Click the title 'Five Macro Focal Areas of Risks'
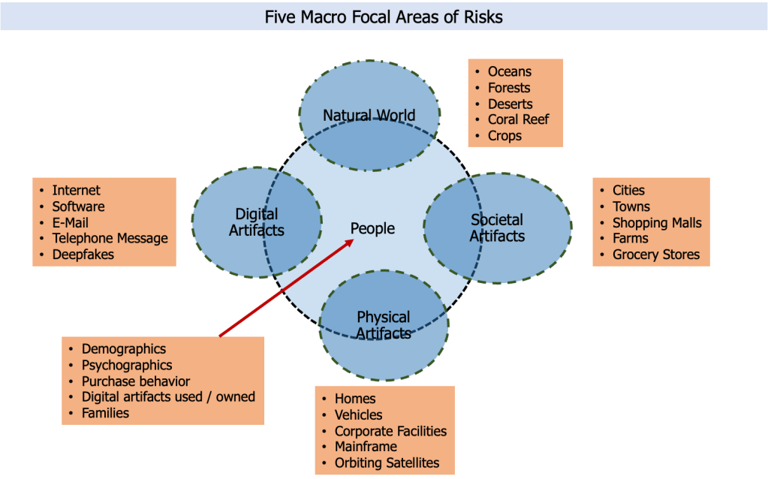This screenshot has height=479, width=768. point(384,17)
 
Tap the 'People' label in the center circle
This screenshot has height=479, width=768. point(372,228)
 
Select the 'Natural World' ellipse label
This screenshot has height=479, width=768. point(369,115)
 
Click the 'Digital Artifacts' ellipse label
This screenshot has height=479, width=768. point(256,222)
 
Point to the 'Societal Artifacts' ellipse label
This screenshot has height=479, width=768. point(497,227)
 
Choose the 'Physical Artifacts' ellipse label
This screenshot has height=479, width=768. point(384,325)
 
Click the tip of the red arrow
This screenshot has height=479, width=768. point(354,240)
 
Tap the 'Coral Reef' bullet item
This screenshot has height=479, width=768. point(518,119)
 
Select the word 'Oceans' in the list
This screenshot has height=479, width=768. point(509,71)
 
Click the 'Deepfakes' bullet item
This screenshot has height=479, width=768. point(83,255)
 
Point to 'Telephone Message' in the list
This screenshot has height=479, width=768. point(110,239)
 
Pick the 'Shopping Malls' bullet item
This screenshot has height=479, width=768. point(657,222)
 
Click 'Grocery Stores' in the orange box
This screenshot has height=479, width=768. point(655,255)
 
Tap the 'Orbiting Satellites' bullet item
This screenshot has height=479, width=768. point(387,462)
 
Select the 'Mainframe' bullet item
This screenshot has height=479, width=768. point(366,447)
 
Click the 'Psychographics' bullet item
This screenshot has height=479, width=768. point(127,365)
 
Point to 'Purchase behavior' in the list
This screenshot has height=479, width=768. point(136,381)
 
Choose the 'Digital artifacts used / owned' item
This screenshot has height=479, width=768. point(168,396)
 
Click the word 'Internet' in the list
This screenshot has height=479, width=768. point(76,191)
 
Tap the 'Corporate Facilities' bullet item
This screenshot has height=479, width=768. point(390,431)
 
